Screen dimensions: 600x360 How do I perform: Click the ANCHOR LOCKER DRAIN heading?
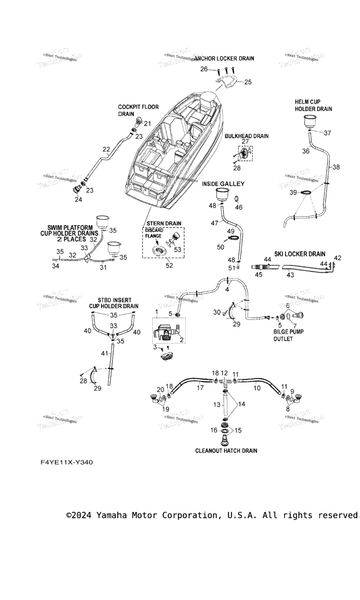pyautogui.click(x=225, y=59)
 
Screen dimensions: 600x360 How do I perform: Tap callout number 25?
pyautogui.click(x=248, y=82)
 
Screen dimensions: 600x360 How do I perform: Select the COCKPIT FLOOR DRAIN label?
pyautogui.click(x=132, y=110)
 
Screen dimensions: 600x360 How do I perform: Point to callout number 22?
pyautogui.click(x=106, y=150)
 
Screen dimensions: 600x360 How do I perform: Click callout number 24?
pyautogui.click(x=78, y=199)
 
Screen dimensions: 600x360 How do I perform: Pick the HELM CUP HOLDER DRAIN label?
pyautogui.click(x=313, y=105)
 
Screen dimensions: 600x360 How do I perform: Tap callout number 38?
pyautogui.click(x=336, y=167)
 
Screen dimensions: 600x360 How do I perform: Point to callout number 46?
pyautogui.click(x=239, y=207)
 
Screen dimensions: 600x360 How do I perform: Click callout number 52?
pyautogui.click(x=169, y=266)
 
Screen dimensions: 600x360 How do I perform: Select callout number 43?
pyautogui.click(x=290, y=275)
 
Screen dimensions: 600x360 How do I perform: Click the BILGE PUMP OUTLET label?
pyautogui.click(x=288, y=335)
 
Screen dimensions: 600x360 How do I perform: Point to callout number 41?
pyautogui.click(x=105, y=353)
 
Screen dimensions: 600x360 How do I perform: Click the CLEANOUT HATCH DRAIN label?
pyautogui.click(x=226, y=450)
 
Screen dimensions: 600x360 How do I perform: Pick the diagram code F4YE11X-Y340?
pyautogui.click(x=67, y=462)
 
